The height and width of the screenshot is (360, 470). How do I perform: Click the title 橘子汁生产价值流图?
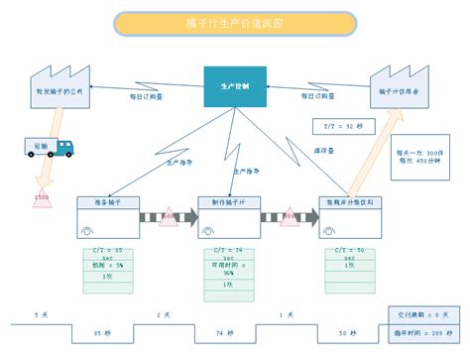point(234,22)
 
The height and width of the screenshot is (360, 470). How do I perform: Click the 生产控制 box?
point(234,87)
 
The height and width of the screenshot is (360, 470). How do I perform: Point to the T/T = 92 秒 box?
point(344,127)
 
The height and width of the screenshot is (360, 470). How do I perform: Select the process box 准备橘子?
point(111,202)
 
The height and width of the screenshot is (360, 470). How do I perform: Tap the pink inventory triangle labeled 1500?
point(42,195)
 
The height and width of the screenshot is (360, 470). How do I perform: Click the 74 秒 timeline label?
point(226,332)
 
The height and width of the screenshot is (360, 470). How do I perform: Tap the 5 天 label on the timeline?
point(41,314)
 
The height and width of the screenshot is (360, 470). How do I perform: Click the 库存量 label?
point(323,151)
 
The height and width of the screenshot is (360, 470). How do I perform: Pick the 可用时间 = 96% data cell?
point(230,269)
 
